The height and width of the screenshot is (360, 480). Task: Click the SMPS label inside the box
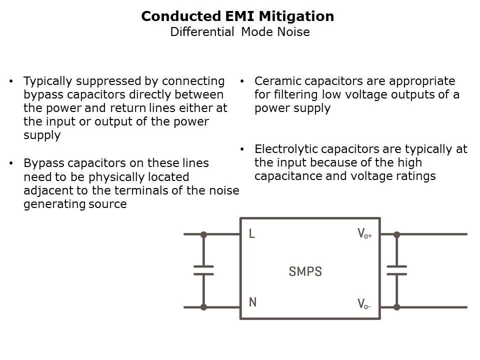click(x=305, y=271)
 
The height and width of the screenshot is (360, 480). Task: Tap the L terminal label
click(x=252, y=234)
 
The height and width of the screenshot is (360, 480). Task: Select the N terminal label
click(x=252, y=302)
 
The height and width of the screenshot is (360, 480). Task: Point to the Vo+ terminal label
click(x=364, y=234)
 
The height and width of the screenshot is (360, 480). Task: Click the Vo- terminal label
click(x=364, y=303)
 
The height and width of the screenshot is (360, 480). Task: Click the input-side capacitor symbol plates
click(x=203, y=270)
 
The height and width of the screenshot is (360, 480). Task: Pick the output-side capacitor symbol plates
click(x=396, y=270)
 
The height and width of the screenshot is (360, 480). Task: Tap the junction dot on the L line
click(x=203, y=234)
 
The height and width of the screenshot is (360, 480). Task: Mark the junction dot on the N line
click(x=203, y=307)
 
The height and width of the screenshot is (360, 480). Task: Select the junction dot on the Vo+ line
click(x=396, y=234)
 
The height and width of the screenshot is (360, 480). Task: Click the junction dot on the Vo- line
click(x=396, y=307)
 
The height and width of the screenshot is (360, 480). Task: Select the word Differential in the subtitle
click(x=202, y=32)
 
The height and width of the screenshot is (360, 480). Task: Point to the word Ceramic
click(x=274, y=81)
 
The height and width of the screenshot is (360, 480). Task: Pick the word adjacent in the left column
click(x=45, y=190)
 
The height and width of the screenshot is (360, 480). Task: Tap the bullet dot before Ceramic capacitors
click(x=241, y=81)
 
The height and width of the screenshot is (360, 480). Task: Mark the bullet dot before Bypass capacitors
click(x=11, y=163)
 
